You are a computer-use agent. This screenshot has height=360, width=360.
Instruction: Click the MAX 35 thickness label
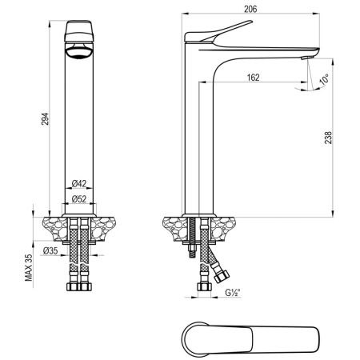click(x=28, y=266)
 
